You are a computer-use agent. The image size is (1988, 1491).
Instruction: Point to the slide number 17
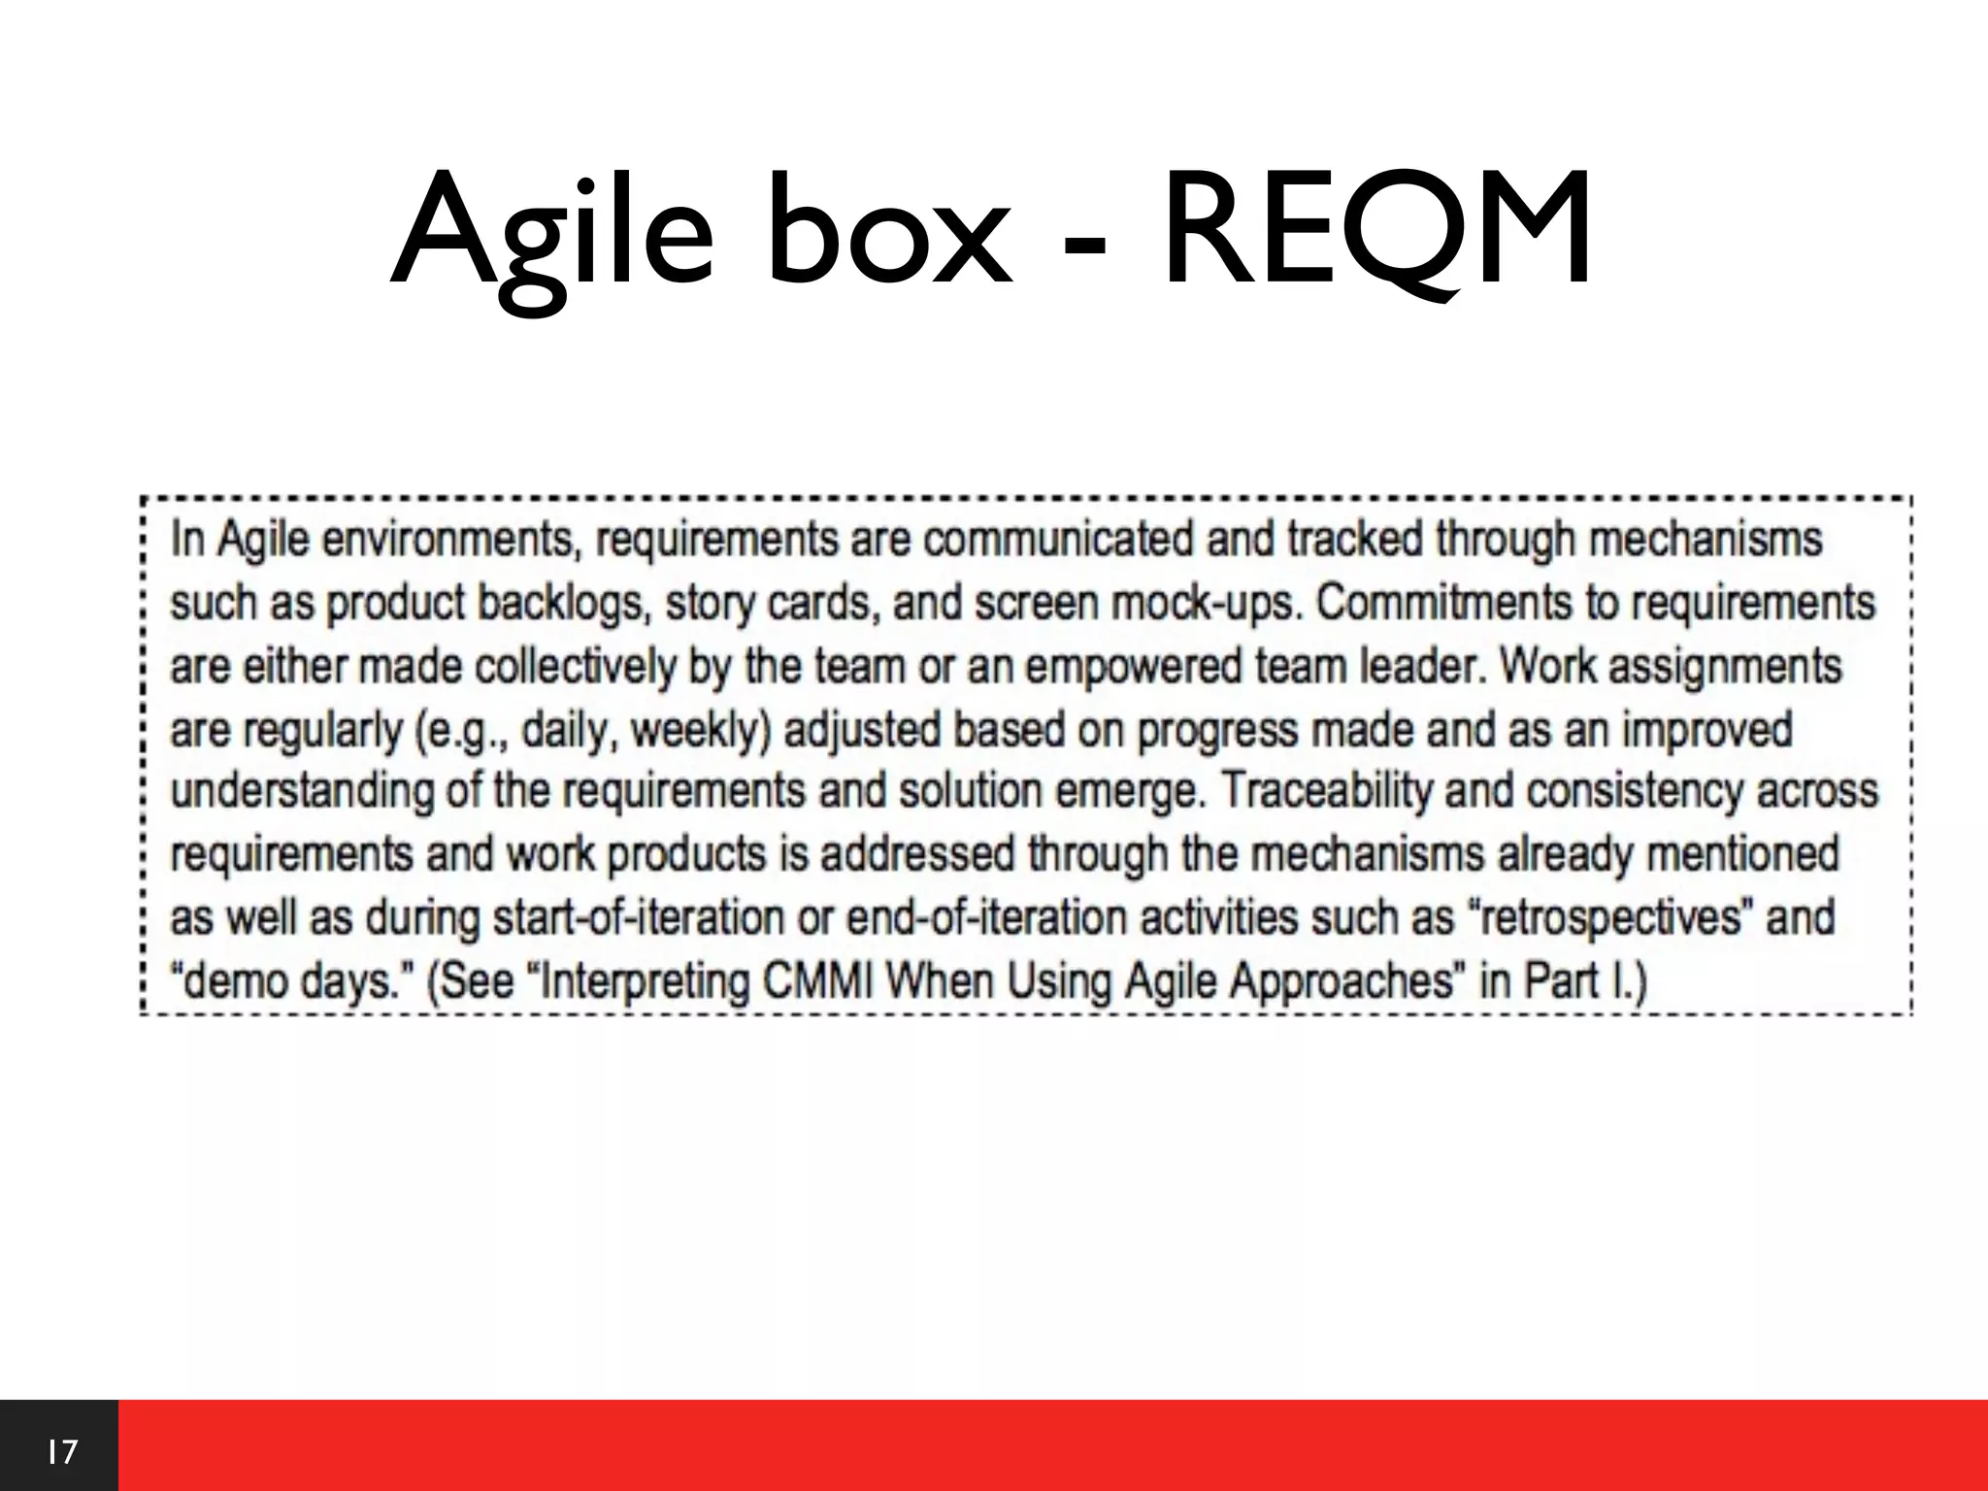(x=60, y=1452)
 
